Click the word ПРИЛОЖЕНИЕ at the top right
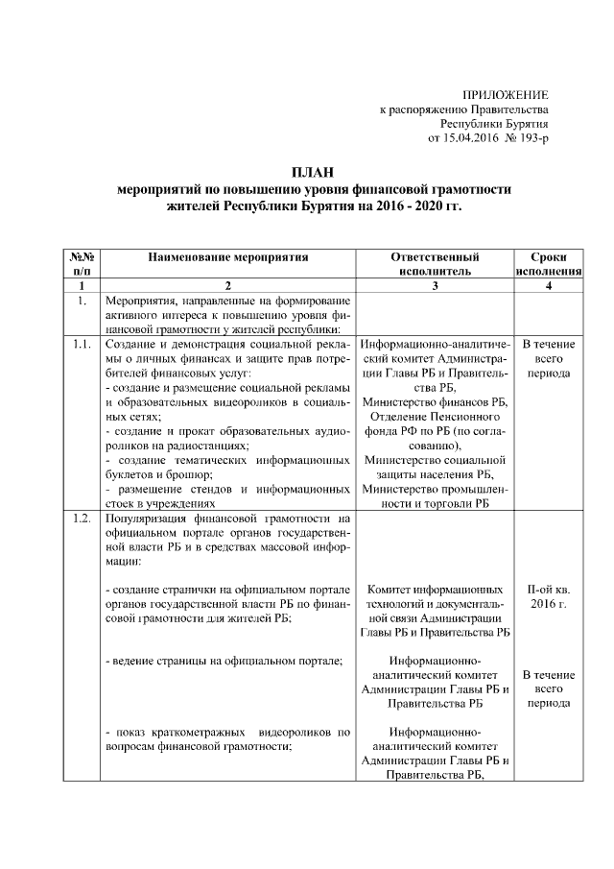pyautogui.click(x=505, y=95)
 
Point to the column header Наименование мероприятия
pyautogui.click(x=228, y=257)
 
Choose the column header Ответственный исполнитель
pyautogui.click(x=436, y=264)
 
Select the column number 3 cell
pyautogui.click(x=436, y=285)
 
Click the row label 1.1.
pyautogui.click(x=82, y=344)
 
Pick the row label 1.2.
pyautogui.click(x=82, y=519)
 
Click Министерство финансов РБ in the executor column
pyautogui.click(x=437, y=401)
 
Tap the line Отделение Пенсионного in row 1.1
pyautogui.click(x=437, y=416)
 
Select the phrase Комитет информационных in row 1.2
pyautogui.click(x=437, y=589)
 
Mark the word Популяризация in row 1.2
pyautogui.click(x=145, y=519)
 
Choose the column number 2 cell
pyautogui.click(x=228, y=285)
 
